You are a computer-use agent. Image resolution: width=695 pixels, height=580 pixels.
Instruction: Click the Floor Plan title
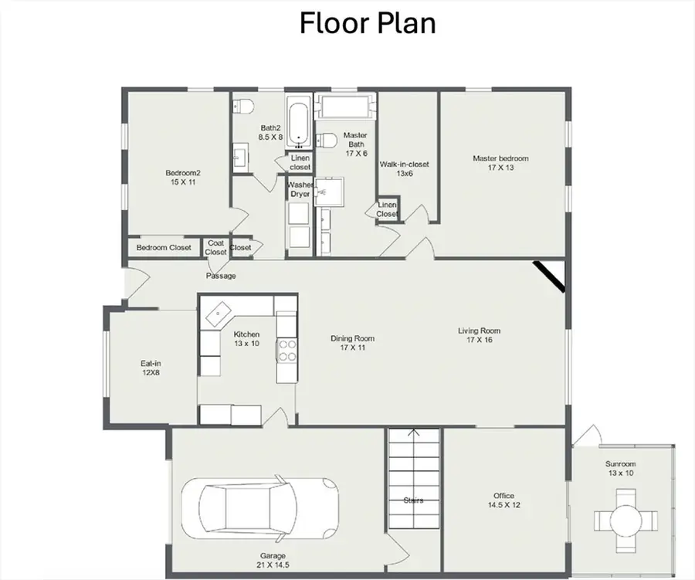coord(368,23)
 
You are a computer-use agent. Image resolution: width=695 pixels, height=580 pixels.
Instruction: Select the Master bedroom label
coord(500,163)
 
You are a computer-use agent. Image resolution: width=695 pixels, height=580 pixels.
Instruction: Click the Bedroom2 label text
coord(183,177)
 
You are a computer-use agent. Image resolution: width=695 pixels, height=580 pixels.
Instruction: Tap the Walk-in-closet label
coord(404,169)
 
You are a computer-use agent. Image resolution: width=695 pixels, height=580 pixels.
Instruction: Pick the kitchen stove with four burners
coord(287,351)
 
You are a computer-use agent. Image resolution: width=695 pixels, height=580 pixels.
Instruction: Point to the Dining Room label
coord(353,343)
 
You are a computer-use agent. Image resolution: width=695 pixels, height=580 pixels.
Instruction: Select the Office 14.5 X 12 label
coord(503,500)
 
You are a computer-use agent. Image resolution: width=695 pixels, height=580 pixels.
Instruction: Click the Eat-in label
coord(150,368)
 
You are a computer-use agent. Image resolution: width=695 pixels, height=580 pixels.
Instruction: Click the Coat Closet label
coord(215,247)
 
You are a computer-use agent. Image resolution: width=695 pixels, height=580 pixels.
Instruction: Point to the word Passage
coord(221,276)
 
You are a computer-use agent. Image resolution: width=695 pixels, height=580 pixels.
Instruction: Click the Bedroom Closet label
coord(164,248)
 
